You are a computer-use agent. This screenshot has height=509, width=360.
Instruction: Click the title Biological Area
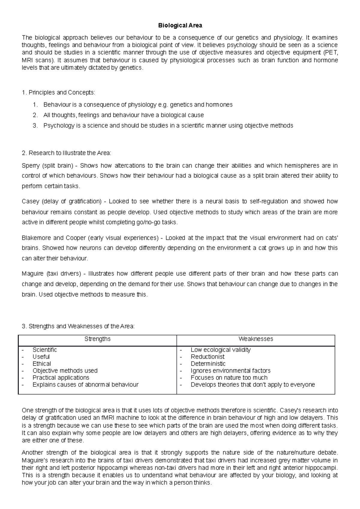(x=180, y=25)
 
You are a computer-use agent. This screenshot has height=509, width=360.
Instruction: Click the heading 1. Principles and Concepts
(x=58, y=93)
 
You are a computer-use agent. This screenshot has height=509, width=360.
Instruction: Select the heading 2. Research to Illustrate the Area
(x=67, y=153)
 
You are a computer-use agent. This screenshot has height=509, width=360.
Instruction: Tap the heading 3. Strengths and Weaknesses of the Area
(x=78, y=326)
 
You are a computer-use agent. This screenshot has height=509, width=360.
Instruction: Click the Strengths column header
(x=97, y=339)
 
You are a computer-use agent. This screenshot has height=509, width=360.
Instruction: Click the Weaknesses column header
(x=256, y=339)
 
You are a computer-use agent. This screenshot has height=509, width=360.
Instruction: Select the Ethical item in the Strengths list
(x=42, y=364)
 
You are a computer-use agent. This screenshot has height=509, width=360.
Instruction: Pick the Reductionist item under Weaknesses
(x=207, y=357)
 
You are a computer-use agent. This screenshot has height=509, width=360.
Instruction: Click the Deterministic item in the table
(x=208, y=364)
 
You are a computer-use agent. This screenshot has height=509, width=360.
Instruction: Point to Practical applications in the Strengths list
(x=61, y=378)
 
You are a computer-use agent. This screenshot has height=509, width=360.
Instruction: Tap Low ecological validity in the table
(x=220, y=350)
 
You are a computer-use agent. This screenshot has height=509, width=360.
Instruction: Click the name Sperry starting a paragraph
(x=31, y=166)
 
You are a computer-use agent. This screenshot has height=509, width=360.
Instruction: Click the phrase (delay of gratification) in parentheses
(x=72, y=201)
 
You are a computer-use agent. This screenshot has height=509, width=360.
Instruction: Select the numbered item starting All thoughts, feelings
(x=123, y=115)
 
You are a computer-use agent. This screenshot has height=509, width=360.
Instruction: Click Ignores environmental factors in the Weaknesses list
(x=230, y=371)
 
